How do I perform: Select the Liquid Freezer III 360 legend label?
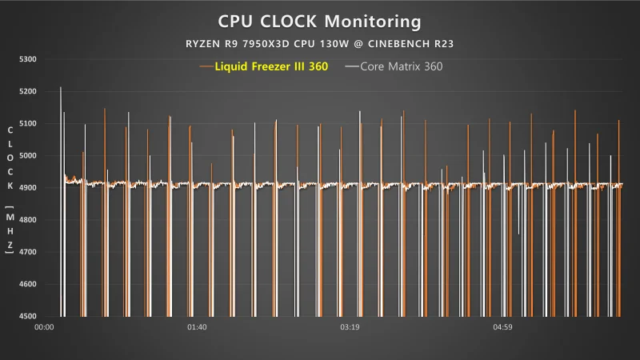271,66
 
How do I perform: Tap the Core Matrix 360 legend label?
402,66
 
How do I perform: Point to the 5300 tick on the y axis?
27,59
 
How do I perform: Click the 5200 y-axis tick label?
27,92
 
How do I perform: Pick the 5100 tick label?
27,124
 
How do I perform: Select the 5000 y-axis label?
27,156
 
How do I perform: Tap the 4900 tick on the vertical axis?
27,188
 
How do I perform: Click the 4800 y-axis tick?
27,220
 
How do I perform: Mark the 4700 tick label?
27,252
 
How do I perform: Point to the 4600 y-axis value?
27,284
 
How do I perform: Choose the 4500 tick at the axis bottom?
27,316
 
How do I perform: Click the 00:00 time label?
45,326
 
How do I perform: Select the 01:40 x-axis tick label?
197,326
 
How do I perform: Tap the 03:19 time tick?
350,326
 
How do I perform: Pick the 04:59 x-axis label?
502,326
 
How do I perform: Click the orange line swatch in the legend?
206,66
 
